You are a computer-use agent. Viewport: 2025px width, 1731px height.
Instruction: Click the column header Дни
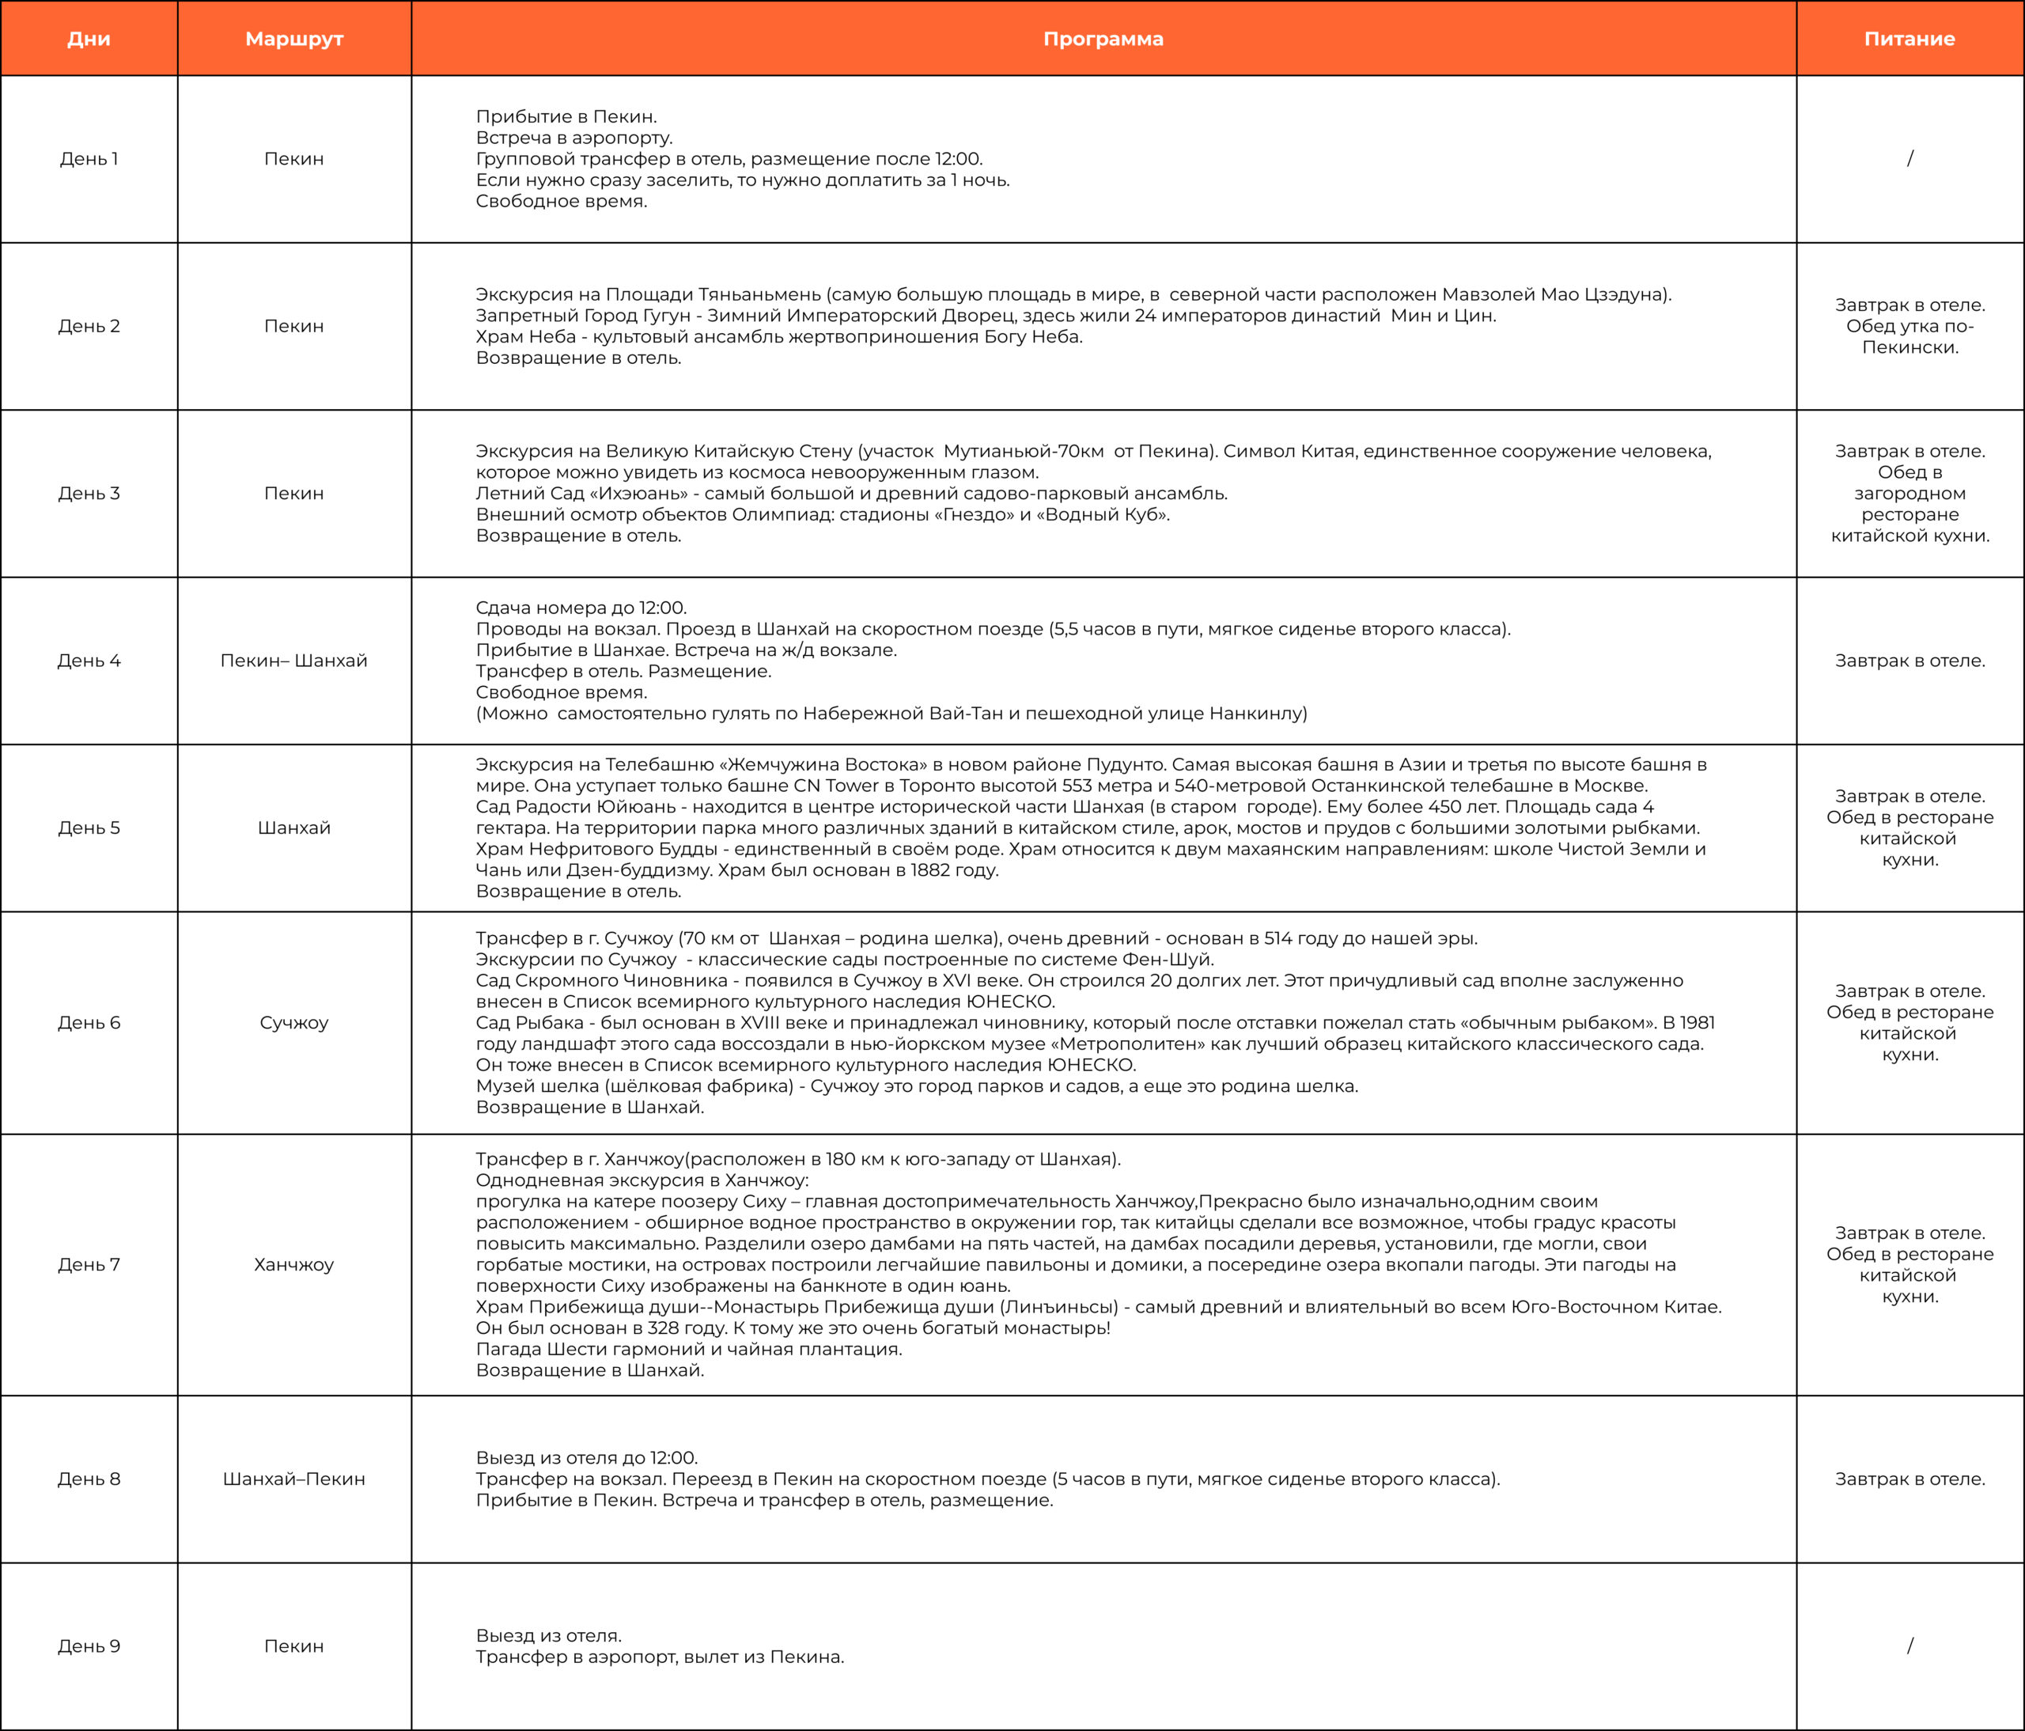pyautogui.click(x=89, y=39)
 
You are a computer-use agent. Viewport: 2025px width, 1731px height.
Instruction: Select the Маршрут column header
pyautogui.click(x=294, y=39)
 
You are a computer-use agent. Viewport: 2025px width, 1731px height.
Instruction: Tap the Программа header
pyautogui.click(x=1103, y=39)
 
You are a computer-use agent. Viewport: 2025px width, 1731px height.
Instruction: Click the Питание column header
pyautogui.click(x=1910, y=39)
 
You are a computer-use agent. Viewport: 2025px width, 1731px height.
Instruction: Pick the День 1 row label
pyautogui.click(x=89, y=158)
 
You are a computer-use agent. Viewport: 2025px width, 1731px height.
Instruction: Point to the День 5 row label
pyautogui.click(x=89, y=828)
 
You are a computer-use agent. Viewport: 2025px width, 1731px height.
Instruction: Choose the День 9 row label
pyautogui.click(x=89, y=1646)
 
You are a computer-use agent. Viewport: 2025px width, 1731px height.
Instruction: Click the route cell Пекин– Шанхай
pyautogui.click(x=294, y=661)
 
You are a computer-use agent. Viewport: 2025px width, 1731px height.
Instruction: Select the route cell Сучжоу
pyautogui.click(x=294, y=1022)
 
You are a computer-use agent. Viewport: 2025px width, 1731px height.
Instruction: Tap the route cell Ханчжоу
pyautogui.click(x=294, y=1265)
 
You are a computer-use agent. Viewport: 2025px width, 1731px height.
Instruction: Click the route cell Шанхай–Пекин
pyautogui.click(x=294, y=1479)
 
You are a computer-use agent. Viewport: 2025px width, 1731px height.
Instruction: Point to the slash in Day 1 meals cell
pyautogui.click(x=1910, y=158)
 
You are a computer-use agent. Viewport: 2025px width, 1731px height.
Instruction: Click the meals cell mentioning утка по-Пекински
pyautogui.click(x=1910, y=327)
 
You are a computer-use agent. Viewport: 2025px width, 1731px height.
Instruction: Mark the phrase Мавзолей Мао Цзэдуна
pyautogui.click(x=1556, y=294)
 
